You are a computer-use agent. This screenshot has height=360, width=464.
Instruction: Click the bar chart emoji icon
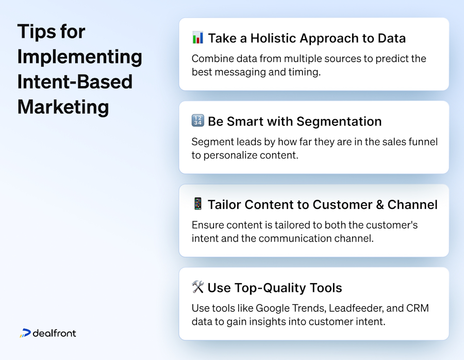point(197,38)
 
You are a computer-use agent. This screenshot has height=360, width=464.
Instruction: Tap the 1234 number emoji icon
point(197,121)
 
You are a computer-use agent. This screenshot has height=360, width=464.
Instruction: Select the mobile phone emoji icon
point(197,204)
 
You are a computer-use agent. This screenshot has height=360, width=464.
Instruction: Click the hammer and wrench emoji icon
point(197,287)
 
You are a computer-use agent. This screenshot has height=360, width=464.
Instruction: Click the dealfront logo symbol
point(25,333)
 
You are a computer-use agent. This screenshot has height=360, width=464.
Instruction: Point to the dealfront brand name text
point(54,333)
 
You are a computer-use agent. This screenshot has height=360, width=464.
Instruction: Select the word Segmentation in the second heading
point(338,121)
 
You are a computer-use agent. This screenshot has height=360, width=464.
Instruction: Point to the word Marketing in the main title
point(63,107)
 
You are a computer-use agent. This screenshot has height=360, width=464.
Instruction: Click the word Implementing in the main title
point(79,56)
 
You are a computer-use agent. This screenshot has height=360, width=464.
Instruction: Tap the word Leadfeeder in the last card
point(358,308)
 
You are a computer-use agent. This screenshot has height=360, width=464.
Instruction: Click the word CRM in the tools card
point(418,308)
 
